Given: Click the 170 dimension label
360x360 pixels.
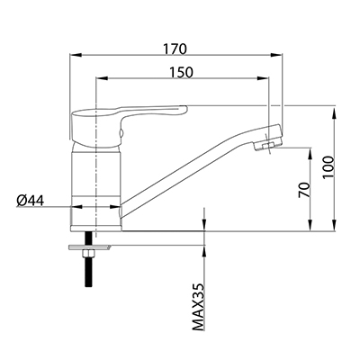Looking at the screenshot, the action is click(x=175, y=49).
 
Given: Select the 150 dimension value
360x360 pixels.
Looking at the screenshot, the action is click(x=181, y=72).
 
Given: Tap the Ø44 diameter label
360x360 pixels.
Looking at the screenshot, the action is click(x=31, y=201).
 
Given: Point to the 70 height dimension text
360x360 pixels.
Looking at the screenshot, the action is click(x=303, y=190).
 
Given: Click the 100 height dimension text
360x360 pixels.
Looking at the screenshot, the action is click(x=328, y=167).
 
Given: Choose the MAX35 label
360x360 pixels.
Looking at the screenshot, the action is click(x=198, y=307).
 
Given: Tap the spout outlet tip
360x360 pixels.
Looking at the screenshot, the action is click(x=268, y=146).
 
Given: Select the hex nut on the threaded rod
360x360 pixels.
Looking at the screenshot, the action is click(x=88, y=254).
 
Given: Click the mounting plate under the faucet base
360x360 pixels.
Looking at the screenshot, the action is click(x=90, y=247).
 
